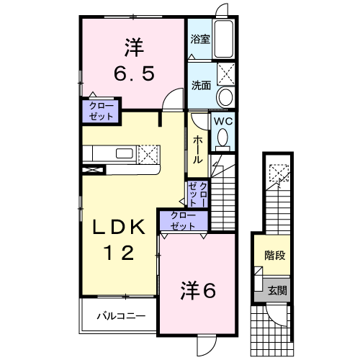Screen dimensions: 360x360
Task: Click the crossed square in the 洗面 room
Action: click(228, 73)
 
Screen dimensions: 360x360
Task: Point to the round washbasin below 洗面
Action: click(225, 97)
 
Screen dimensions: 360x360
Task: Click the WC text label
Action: click(222, 122)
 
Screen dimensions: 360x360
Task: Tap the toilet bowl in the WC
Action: click(223, 136)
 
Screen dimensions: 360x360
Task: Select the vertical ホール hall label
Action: click(197, 150)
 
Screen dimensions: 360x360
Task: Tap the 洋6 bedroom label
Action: click(198, 290)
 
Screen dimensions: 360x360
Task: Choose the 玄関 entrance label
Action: click(277, 290)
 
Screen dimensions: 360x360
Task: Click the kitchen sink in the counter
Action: click(124, 153)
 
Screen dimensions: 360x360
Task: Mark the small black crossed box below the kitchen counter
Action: click(94, 170)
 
